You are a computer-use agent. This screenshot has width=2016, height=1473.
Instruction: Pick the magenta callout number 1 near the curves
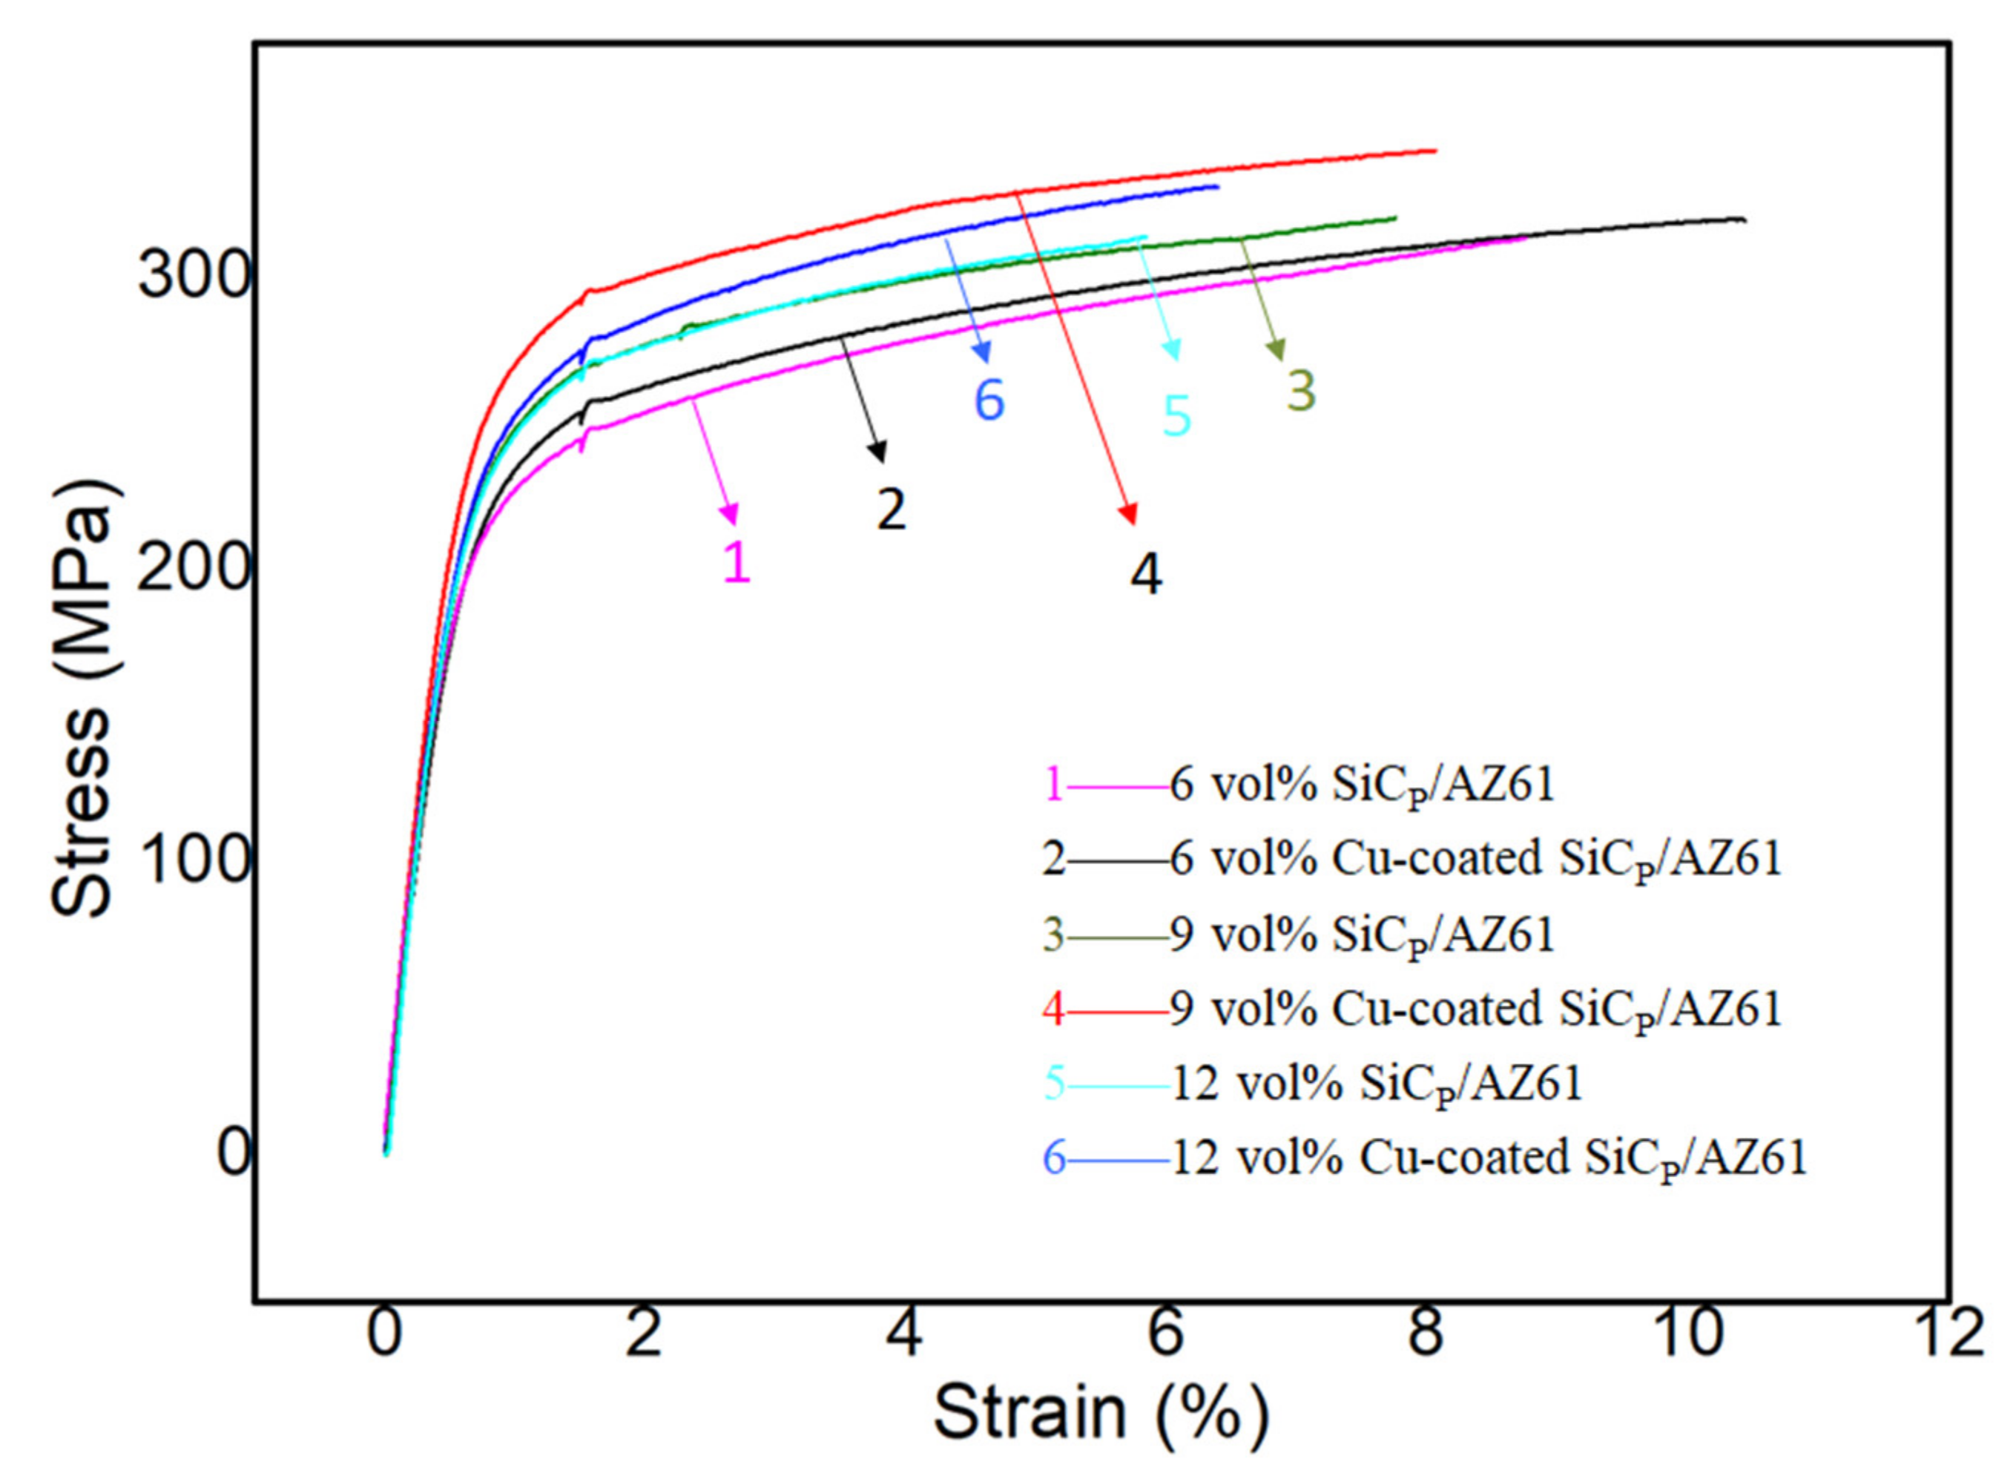736,561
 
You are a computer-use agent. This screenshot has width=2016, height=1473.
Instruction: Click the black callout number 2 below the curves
890,509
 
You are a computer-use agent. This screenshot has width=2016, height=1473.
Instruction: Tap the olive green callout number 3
1300,391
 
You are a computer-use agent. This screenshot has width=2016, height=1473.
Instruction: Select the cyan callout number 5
1176,415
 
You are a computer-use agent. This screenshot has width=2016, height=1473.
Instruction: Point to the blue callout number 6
989,400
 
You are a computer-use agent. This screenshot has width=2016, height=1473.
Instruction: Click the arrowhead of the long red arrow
1130,515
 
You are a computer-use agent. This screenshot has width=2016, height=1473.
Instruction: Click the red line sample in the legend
1117,1010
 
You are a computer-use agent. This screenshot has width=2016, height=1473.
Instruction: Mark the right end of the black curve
1743,220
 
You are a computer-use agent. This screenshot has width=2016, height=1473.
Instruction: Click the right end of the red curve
1435,151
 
